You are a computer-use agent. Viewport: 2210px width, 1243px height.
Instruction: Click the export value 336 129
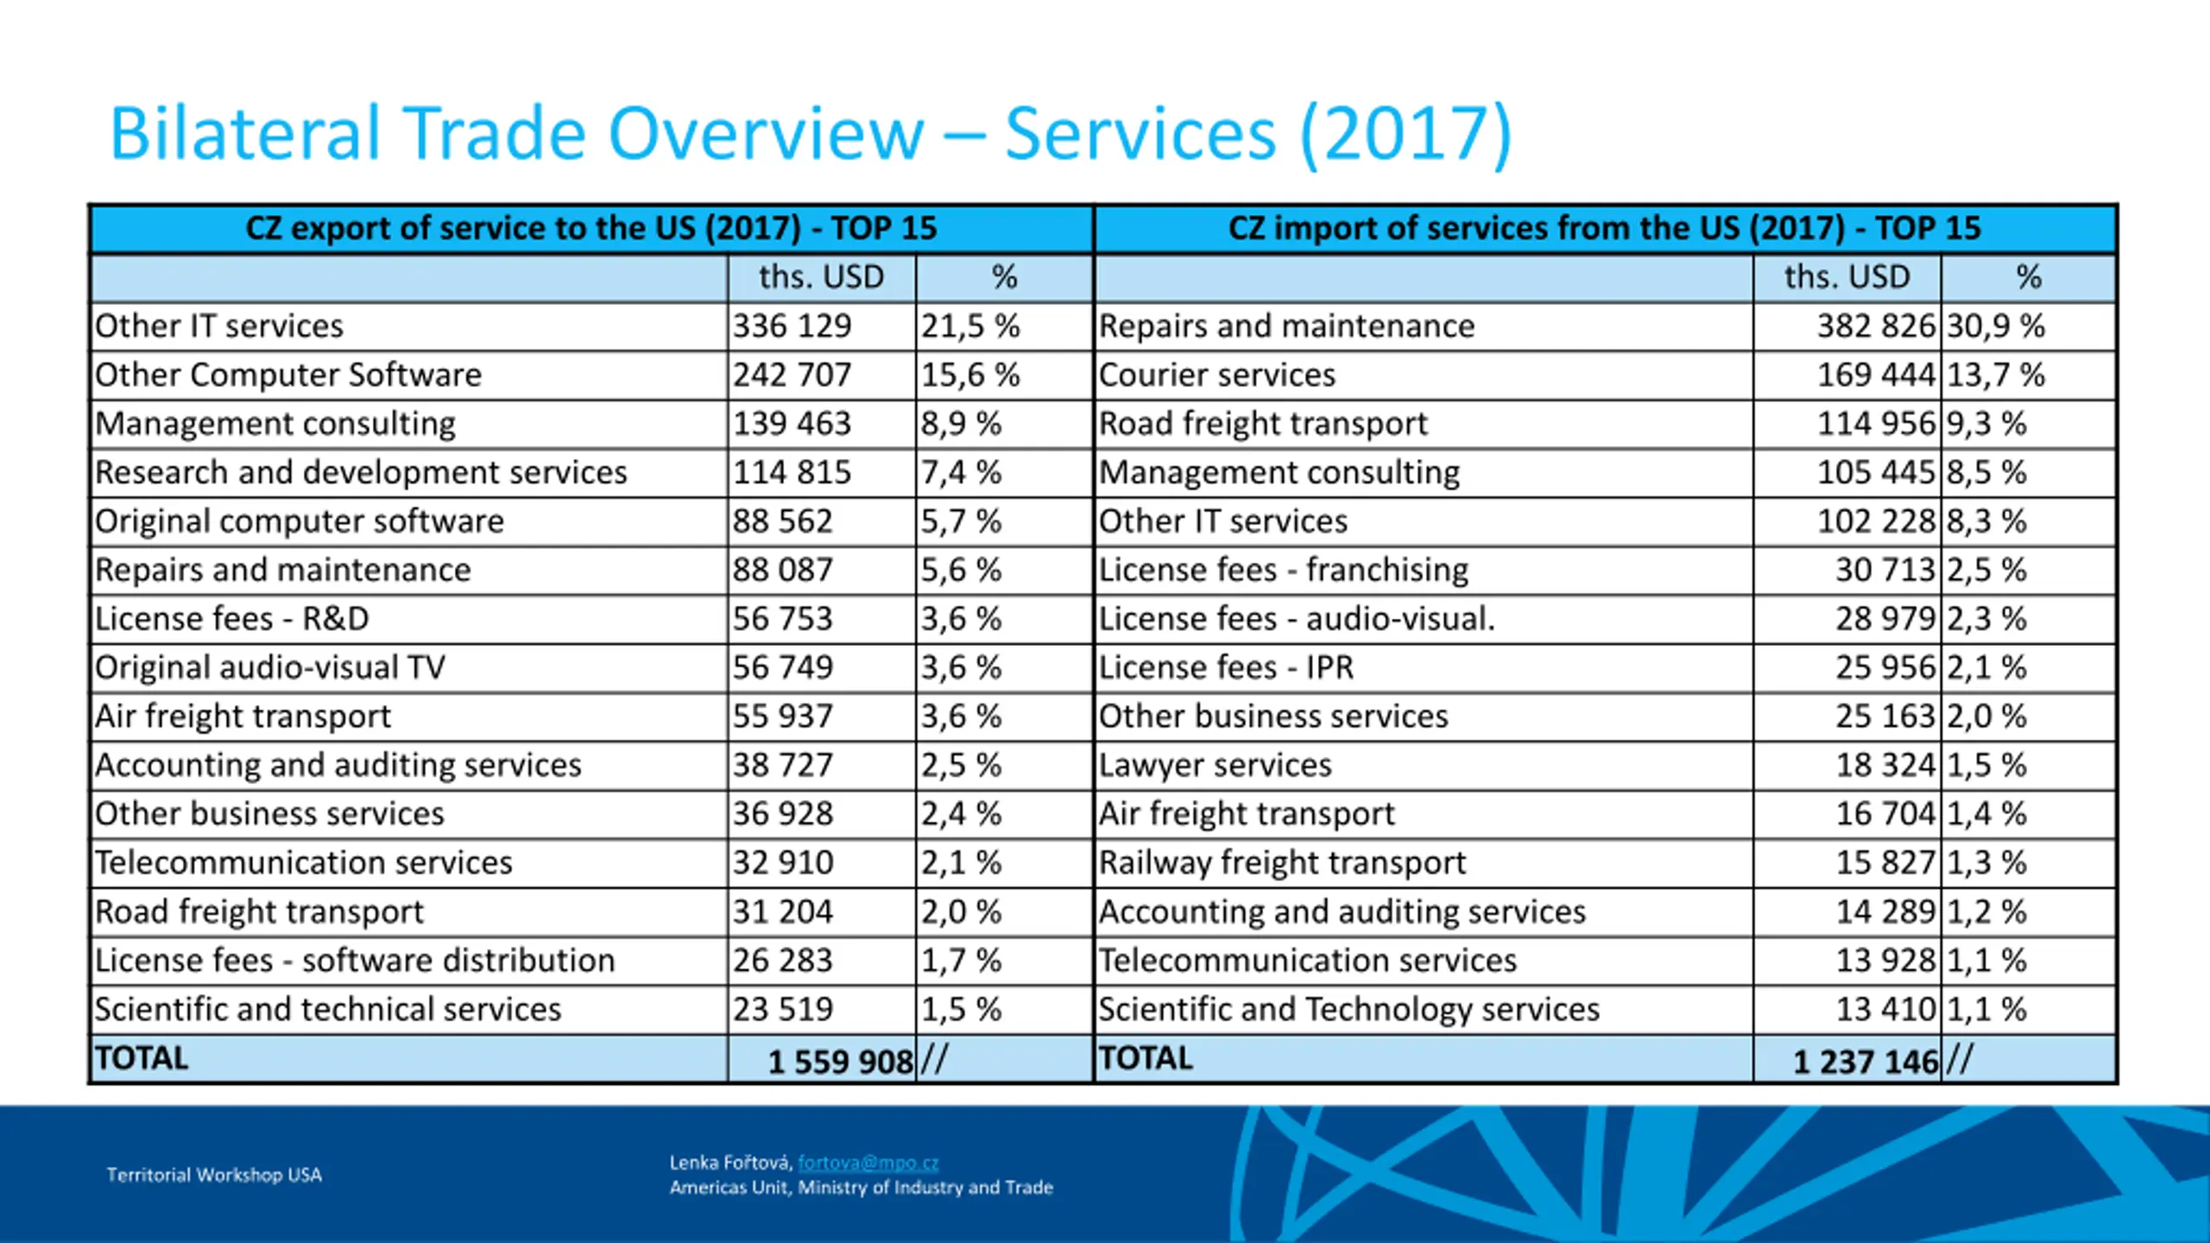(x=792, y=326)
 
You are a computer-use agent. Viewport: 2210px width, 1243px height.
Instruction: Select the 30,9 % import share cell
(x=1995, y=326)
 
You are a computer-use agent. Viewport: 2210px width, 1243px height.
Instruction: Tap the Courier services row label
(x=1216, y=375)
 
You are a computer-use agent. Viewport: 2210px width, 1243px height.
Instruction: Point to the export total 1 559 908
(x=840, y=1061)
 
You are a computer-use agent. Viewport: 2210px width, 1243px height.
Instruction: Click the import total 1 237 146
(x=1866, y=1061)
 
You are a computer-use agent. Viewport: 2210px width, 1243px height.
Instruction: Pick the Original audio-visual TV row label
(x=270, y=668)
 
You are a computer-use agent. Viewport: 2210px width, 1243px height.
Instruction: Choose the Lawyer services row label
(x=1215, y=766)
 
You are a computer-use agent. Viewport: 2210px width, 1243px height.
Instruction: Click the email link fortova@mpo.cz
(x=868, y=1163)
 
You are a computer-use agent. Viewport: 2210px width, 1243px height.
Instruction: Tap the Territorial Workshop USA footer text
(x=214, y=1175)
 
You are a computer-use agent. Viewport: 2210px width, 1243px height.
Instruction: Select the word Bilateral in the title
(x=245, y=134)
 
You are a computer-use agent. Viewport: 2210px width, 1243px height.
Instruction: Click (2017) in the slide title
(x=1405, y=134)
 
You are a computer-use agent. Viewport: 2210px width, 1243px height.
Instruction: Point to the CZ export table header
(x=590, y=229)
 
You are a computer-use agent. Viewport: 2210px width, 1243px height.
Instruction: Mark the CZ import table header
(x=1604, y=229)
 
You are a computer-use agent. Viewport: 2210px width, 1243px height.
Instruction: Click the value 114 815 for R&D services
(x=792, y=473)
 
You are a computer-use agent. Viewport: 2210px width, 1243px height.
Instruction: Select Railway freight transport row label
(x=1282, y=863)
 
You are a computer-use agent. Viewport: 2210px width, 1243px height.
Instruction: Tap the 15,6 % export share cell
(x=969, y=375)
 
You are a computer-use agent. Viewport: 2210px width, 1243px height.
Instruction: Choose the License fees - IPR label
(x=1226, y=668)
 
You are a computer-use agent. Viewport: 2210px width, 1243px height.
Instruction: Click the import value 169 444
(x=1876, y=375)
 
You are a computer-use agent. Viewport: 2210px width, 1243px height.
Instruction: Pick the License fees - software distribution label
(x=355, y=961)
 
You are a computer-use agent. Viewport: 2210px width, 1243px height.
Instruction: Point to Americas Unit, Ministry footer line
(x=861, y=1188)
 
